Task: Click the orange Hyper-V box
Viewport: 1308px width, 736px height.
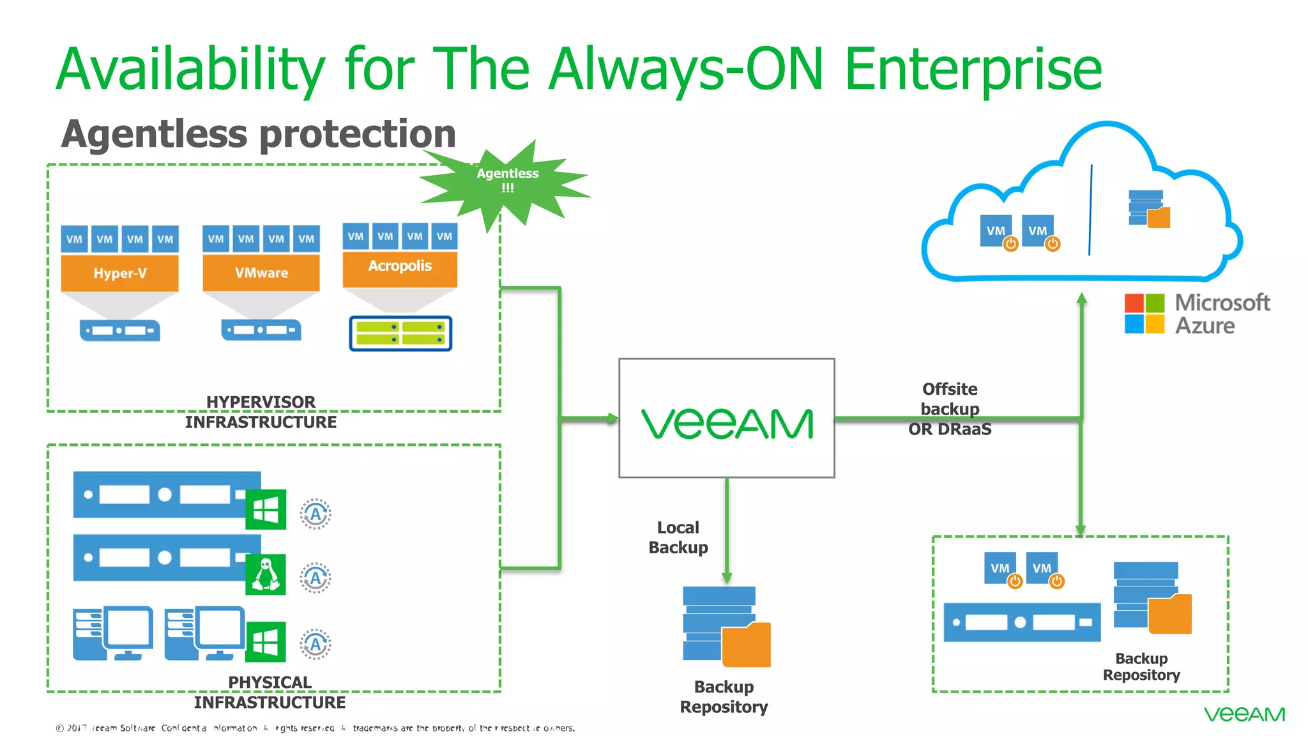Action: pos(119,273)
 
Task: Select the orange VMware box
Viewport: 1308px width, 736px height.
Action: pos(261,273)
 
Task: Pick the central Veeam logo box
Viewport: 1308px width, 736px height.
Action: pos(726,418)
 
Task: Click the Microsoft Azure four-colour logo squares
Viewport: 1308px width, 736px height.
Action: pos(1144,313)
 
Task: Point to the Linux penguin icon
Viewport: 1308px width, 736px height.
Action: pos(266,574)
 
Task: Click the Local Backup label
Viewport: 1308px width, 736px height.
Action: pos(678,537)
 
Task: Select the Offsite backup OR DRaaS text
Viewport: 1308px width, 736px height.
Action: pos(950,409)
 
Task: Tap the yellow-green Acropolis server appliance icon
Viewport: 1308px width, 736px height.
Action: pos(400,333)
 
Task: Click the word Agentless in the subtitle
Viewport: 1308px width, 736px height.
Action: pos(154,134)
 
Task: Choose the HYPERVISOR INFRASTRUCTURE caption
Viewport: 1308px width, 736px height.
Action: pos(261,412)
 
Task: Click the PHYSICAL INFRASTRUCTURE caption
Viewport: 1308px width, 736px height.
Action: pos(270,692)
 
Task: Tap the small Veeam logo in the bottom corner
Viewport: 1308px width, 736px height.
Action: pos(1243,714)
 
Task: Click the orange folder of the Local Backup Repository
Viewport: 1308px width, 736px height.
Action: pos(746,645)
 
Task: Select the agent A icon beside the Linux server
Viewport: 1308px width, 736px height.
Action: pos(316,578)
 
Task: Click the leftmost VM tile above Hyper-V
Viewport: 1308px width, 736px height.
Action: pos(74,239)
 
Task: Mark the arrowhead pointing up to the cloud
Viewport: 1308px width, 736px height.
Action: pos(1081,298)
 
